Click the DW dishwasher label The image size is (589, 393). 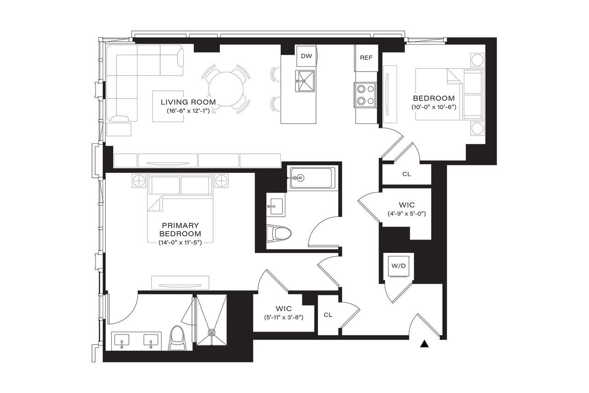coord(306,56)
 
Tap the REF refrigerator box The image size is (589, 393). coord(366,58)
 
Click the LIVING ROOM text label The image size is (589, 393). coord(188,102)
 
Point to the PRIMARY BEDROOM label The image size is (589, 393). coord(180,229)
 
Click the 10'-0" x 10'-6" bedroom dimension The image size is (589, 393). coord(433,107)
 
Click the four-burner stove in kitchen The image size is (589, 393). coord(365,95)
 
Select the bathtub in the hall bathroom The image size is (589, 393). coord(312,178)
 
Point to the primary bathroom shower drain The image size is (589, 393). coord(212,331)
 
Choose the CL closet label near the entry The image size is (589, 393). coord(328,315)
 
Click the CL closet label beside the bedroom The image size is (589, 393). coord(406,174)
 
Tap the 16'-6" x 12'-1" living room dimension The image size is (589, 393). coord(188,111)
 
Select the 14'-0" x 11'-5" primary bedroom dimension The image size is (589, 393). coord(180,242)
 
